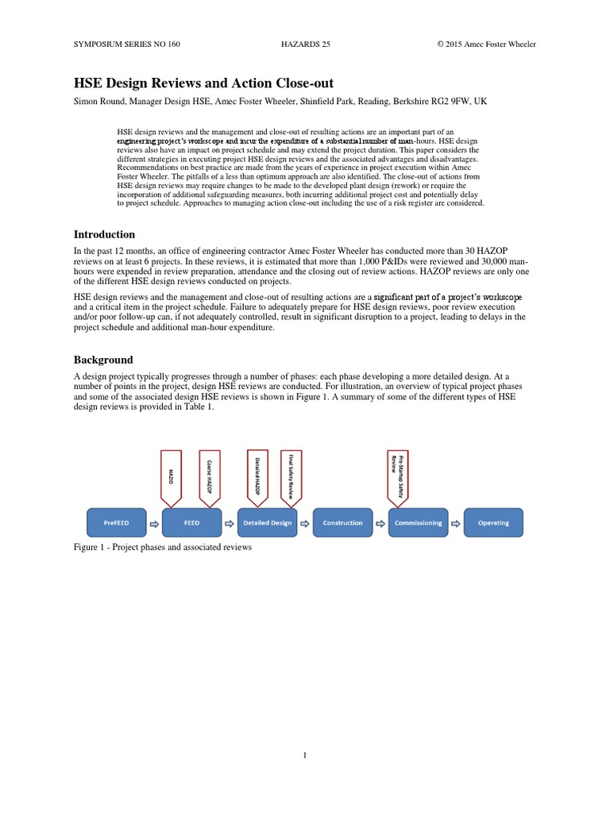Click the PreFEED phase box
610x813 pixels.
115,522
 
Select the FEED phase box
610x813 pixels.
191,522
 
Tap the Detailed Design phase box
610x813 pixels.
267,522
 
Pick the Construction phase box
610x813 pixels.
342,522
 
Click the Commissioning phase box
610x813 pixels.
419,522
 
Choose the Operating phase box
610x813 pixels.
494,522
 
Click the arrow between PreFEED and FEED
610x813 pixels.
154,522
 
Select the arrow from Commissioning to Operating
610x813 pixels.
457,522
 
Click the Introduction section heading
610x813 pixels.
104,234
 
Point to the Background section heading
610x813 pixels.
103,360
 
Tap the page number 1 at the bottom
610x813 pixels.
304,755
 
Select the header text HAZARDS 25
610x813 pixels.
306,44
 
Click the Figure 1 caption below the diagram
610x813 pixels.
163,548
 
